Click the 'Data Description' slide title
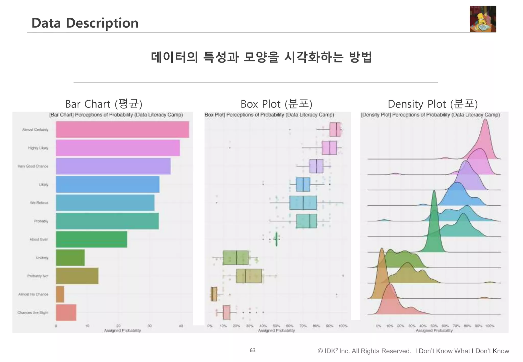click(85, 23)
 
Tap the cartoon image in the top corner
click(483, 19)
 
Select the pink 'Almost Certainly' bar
click(122, 130)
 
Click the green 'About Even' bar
click(91, 239)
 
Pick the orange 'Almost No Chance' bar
click(60, 294)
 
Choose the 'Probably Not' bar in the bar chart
click(77, 276)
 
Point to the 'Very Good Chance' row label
click(33, 166)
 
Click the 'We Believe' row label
click(39, 203)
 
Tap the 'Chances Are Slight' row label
click(33, 312)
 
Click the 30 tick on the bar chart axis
click(149, 326)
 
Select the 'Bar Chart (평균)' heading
click(103, 104)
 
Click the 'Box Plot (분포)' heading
click(276, 104)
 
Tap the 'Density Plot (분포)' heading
click(433, 104)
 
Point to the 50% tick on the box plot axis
click(276, 326)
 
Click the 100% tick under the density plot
click(490, 326)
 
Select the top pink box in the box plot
click(335, 130)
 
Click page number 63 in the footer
click(253, 350)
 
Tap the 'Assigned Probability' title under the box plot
click(276, 331)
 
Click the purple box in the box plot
click(316, 166)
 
